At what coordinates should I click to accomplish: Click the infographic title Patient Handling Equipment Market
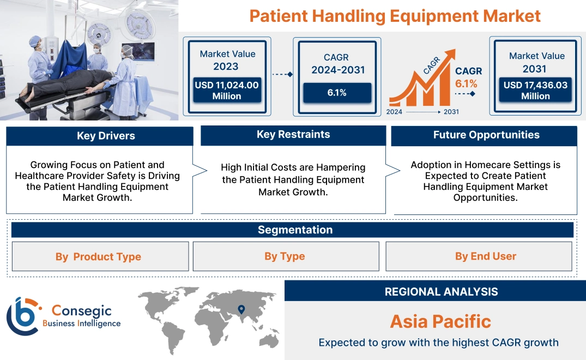(395, 16)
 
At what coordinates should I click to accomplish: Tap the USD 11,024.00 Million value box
(226, 91)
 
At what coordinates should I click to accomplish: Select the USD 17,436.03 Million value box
(535, 91)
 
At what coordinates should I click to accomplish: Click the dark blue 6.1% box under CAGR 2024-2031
(336, 93)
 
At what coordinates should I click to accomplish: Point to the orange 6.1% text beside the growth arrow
(466, 83)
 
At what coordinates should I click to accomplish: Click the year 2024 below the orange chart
(395, 112)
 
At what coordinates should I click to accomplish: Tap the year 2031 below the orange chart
(451, 112)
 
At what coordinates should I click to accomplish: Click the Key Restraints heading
(293, 135)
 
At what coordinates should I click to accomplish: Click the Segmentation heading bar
(295, 230)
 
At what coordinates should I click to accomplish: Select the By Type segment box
(285, 256)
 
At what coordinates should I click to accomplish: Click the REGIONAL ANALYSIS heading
(441, 292)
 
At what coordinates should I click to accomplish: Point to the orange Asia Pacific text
(440, 321)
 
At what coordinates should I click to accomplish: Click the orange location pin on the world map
(240, 310)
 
